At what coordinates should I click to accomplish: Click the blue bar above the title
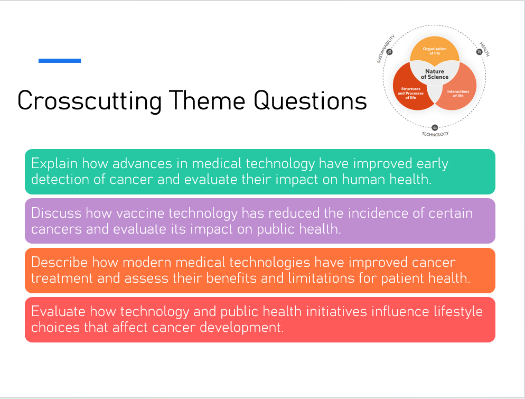[x=60, y=61]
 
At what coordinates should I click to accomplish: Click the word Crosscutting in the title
[x=90, y=101]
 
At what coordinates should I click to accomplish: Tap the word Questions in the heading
[x=310, y=100]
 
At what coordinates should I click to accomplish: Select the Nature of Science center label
[x=435, y=74]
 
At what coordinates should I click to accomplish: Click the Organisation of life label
[x=435, y=51]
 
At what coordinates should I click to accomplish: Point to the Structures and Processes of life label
[x=410, y=93]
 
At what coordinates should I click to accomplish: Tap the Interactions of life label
[x=458, y=94]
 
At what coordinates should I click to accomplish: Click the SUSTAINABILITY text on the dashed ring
[x=386, y=49]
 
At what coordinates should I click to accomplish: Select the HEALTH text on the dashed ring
[x=485, y=49]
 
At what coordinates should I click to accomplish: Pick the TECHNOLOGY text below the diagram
[x=435, y=134]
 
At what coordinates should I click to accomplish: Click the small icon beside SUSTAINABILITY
[x=389, y=52]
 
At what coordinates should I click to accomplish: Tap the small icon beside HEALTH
[x=479, y=52]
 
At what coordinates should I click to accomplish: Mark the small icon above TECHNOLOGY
[x=435, y=127]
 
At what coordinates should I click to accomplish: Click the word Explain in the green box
[x=54, y=164]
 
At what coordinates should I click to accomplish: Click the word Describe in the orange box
[x=60, y=262]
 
